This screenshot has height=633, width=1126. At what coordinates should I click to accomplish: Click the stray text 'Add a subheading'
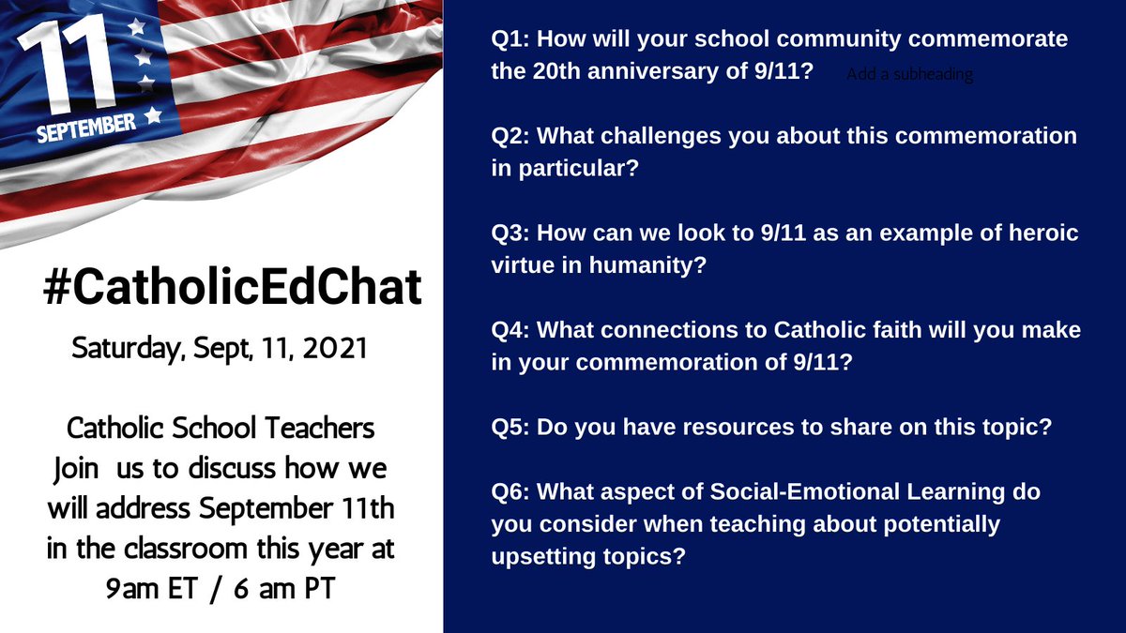909,74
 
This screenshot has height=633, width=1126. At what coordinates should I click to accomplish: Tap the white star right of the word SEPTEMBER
153,116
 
